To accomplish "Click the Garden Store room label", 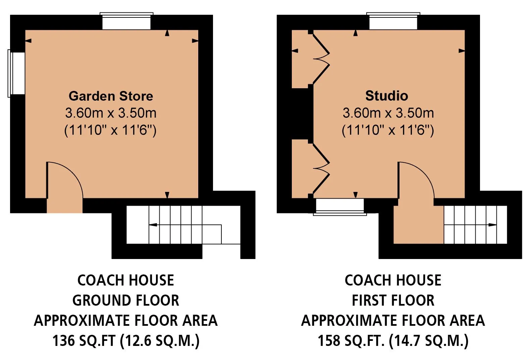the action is click(x=111, y=96).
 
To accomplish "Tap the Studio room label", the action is click(x=387, y=96).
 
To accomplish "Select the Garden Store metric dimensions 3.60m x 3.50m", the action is click(x=111, y=113).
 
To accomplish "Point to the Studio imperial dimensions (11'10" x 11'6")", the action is click(x=388, y=130).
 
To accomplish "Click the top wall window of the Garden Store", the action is click(x=126, y=21).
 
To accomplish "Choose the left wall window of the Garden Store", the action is click(x=16, y=73).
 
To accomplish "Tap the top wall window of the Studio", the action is click(x=393, y=21).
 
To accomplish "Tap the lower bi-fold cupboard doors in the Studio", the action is click(x=321, y=168).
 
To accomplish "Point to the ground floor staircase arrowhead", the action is click(x=153, y=225).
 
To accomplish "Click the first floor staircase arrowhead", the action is click(x=492, y=225).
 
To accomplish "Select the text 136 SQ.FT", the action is click(x=84, y=341).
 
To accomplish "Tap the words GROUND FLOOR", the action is click(x=126, y=300).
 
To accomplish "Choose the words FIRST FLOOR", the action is click(x=393, y=300).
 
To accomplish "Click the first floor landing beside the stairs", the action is click(x=419, y=224).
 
